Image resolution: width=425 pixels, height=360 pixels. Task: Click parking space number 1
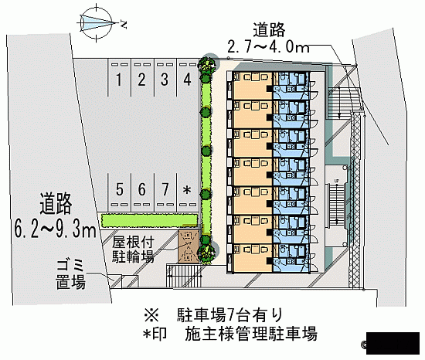[x=119, y=80]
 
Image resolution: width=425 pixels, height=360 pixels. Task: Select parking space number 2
[x=141, y=80]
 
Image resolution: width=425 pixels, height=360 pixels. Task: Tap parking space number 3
[x=165, y=80]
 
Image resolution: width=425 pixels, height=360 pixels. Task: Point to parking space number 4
[x=187, y=80]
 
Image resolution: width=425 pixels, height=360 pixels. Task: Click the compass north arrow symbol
[x=97, y=22]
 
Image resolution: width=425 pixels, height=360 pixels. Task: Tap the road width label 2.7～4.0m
[x=269, y=47]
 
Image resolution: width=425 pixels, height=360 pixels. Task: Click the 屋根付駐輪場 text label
[x=133, y=250]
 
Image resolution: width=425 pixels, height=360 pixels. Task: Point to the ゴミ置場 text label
[x=71, y=274]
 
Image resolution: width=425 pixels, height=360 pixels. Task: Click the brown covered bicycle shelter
[x=189, y=246]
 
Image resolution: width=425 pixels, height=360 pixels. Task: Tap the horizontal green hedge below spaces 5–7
[x=149, y=220]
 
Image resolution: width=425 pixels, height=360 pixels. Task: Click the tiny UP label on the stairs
[x=337, y=181]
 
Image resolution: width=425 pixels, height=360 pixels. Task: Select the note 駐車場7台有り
[x=230, y=314]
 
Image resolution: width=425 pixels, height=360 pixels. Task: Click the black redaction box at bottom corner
[x=393, y=343]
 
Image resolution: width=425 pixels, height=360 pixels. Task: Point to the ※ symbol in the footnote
[x=151, y=315]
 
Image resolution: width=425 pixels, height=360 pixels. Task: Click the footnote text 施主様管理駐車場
[x=250, y=334]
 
